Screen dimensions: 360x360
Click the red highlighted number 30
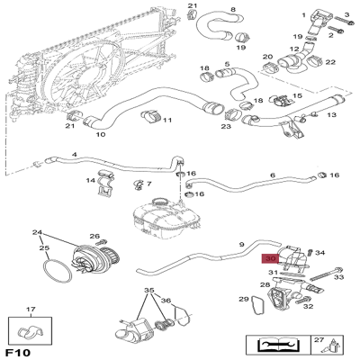(x=270, y=256)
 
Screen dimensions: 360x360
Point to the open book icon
(x=273, y=344)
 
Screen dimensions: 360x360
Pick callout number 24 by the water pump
(x=38, y=232)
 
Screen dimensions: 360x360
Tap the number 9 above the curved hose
(x=241, y=244)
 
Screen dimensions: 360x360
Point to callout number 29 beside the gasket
(x=244, y=299)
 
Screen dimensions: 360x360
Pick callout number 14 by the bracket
(x=91, y=181)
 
